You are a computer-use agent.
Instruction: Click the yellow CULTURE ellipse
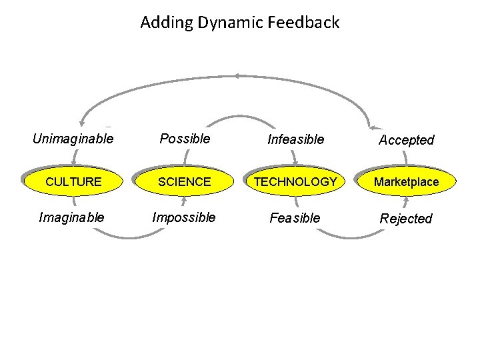pyautogui.click(x=73, y=181)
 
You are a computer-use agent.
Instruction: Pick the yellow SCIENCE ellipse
pyautogui.click(x=184, y=181)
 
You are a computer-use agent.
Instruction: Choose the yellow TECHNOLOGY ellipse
pyautogui.click(x=295, y=181)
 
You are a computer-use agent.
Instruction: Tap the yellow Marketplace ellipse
pyautogui.click(x=406, y=181)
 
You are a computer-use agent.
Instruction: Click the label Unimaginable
pyautogui.click(x=73, y=139)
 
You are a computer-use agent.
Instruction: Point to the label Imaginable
pyautogui.click(x=72, y=217)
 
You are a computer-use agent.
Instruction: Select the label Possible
pyautogui.click(x=185, y=139)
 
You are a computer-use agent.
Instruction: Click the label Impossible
pyautogui.click(x=184, y=217)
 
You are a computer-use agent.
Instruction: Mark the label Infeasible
pyautogui.click(x=295, y=139)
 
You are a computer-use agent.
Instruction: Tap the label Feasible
pyautogui.click(x=295, y=218)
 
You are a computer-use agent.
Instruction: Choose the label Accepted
pyautogui.click(x=406, y=140)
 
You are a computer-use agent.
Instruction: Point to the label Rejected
pyautogui.click(x=406, y=219)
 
